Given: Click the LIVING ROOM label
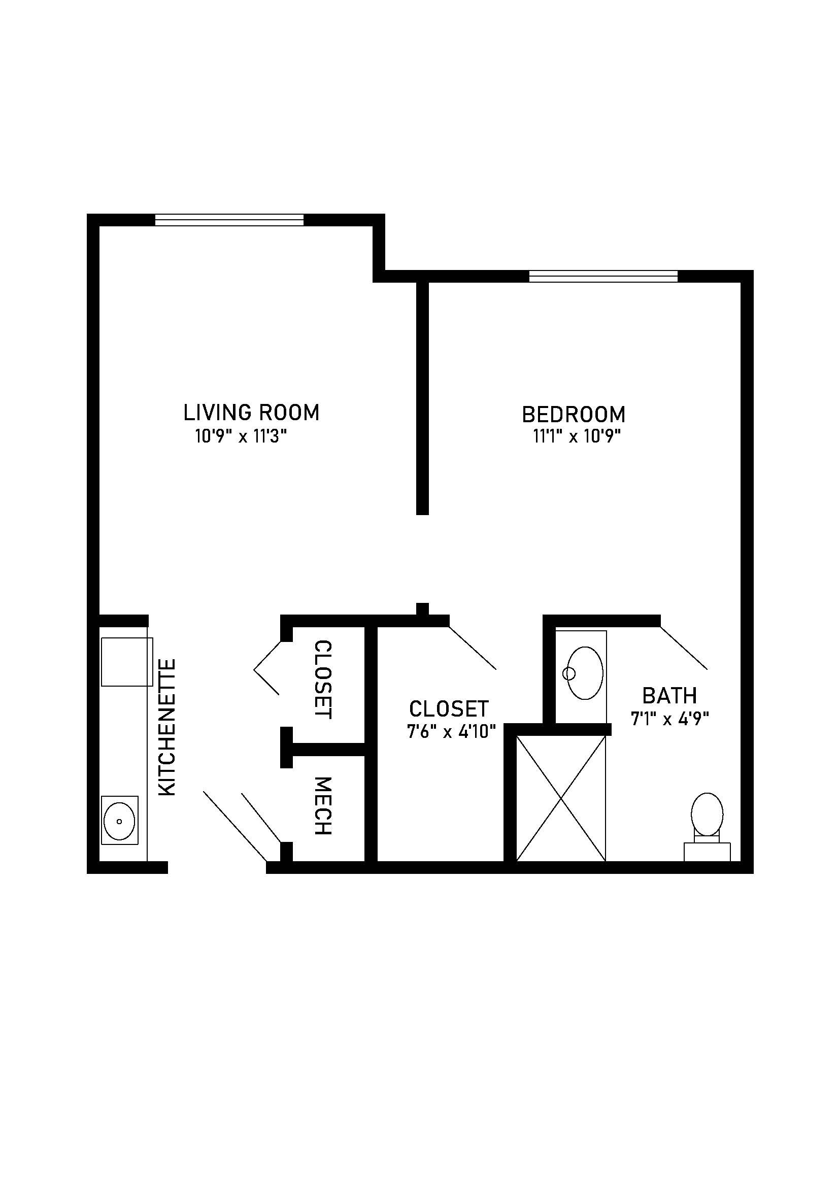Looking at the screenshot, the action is tap(252, 413).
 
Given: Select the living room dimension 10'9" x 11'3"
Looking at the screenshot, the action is tap(241, 437).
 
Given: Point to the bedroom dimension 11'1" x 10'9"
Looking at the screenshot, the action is tap(577, 437).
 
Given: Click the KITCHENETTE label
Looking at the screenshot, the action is tap(167, 727).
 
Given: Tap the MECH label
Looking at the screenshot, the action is tap(323, 806).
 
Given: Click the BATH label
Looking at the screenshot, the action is tap(669, 696).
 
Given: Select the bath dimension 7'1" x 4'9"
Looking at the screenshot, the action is tap(669, 719).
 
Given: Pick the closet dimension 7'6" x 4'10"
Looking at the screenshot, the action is tap(451, 732).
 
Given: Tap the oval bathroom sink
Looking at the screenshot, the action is tap(585, 673).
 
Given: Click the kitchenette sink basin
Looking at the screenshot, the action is tap(119, 821).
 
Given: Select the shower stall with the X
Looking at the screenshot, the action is tap(561, 798).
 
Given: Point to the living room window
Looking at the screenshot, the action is tap(229, 220).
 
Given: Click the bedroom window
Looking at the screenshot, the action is tap(603, 277).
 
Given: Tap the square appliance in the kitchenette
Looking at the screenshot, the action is tap(127, 662).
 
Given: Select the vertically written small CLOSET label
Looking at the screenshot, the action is tap(323, 680).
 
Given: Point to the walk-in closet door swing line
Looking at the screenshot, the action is tap(473, 648).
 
